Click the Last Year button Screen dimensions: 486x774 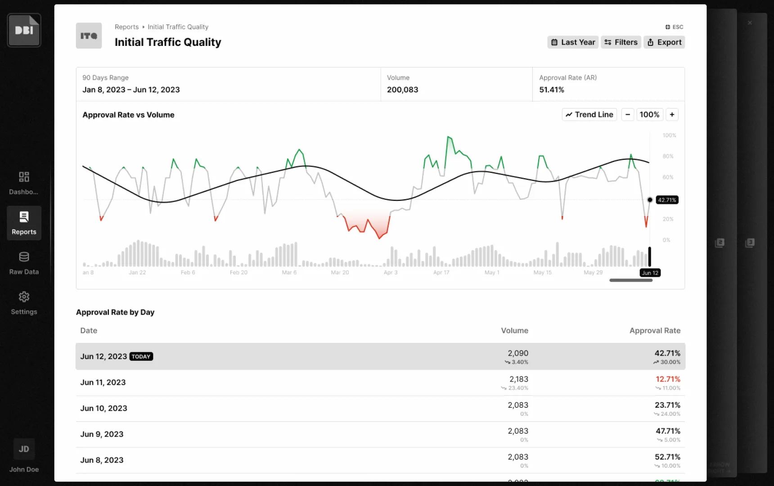click(573, 42)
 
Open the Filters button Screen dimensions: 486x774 click(621, 42)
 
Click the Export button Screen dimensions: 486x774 click(664, 42)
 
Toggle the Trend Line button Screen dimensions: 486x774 click(589, 115)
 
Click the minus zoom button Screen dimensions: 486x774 click(628, 115)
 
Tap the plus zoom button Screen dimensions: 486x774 click(672, 115)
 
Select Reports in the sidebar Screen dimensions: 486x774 click(24, 223)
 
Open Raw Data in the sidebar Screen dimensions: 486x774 click(24, 263)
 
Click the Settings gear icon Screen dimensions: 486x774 click(24, 297)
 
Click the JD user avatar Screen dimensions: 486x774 click(24, 449)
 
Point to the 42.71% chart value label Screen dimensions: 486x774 click(667, 200)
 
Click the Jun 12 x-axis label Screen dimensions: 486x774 click(650, 273)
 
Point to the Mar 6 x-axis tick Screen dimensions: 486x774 click(289, 272)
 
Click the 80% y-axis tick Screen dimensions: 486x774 click(668, 156)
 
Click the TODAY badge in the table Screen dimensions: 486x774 click(141, 356)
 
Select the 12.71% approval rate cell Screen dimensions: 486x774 click(668, 379)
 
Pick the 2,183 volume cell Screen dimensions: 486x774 click(519, 379)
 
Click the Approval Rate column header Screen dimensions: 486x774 click(655, 331)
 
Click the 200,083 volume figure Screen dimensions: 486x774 click(402, 90)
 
